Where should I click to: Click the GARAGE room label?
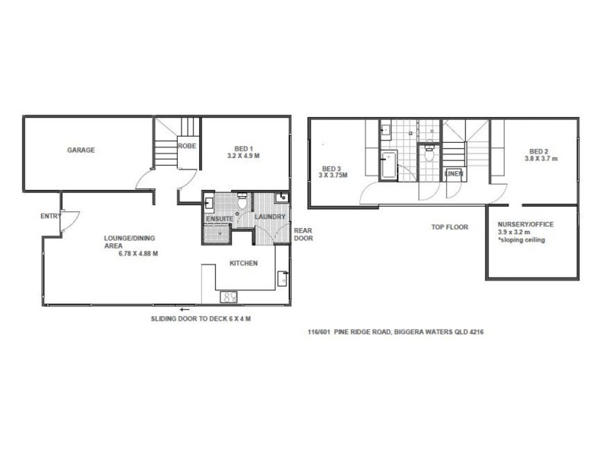click(x=81, y=150)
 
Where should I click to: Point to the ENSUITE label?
click(x=220, y=219)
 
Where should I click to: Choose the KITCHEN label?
click(x=244, y=264)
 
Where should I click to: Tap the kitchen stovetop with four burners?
click(x=230, y=296)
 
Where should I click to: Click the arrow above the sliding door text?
click(x=183, y=309)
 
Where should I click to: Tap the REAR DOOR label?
click(x=303, y=233)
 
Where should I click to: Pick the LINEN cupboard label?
click(x=453, y=174)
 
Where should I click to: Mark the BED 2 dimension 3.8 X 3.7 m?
click(x=540, y=159)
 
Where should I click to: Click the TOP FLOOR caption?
click(x=450, y=227)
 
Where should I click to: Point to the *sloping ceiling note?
click(x=521, y=240)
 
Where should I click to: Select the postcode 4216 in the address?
click(x=477, y=333)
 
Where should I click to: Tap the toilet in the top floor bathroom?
click(x=430, y=150)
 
